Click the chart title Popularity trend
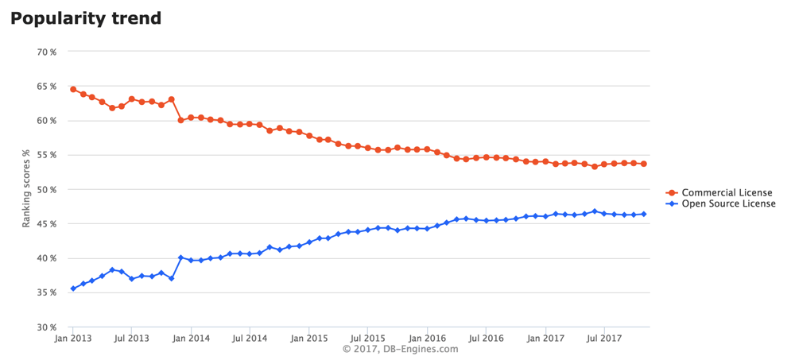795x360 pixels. point(86,17)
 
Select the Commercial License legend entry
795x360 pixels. point(727,193)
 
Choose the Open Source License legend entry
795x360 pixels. point(728,204)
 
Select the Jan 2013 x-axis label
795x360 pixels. point(73,339)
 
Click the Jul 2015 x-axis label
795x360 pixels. point(367,339)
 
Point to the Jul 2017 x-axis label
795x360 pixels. point(604,339)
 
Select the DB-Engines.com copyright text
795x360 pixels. point(400,350)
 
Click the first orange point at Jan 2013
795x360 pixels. point(73,89)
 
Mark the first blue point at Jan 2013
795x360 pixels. point(73,288)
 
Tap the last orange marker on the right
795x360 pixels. point(643,164)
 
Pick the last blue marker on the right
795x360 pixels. point(643,214)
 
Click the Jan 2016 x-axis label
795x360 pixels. point(427,339)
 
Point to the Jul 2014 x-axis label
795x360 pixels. point(250,339)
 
